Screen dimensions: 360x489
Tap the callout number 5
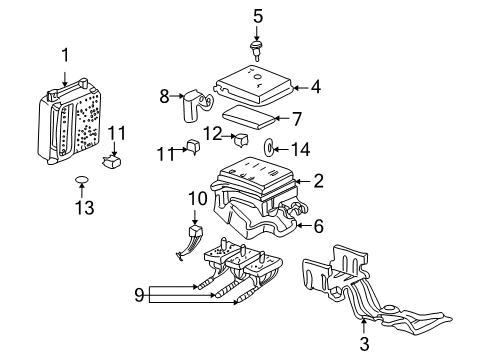coord(257,15)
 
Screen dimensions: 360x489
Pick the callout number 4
coord(315,87)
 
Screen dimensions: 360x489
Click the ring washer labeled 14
coord(271,149)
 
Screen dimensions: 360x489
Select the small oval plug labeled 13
coord(82,181)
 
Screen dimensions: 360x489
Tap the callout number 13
coord(82,210)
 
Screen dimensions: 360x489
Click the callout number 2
coord(318,181)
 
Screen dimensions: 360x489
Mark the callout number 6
coord(318,227)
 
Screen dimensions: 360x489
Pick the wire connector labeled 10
coord(192,242)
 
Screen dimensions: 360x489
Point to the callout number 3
coord(363,345)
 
